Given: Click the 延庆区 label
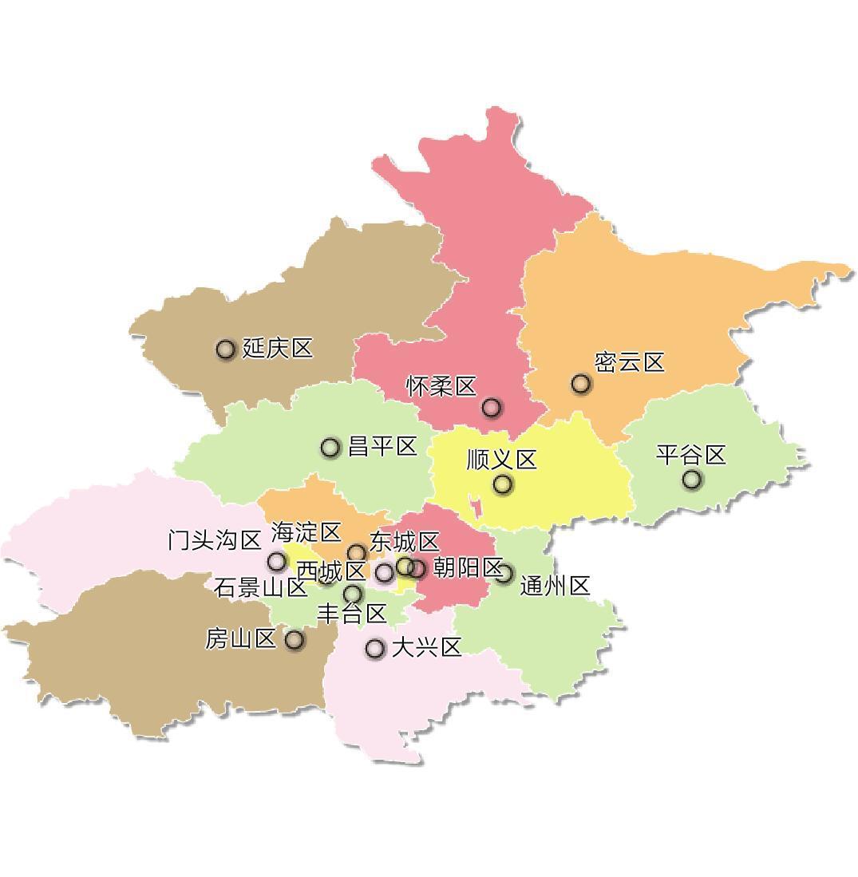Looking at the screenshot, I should coord(278,349).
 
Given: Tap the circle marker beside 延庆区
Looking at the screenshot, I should coord(226,350).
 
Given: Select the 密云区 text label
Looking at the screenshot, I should coord(630,362).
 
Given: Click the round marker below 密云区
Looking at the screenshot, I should coord(581,384).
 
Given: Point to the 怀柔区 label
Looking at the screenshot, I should coord(441,387).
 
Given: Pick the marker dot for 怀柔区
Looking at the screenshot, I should coord(492,408).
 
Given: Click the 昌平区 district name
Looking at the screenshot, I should coord(383,447).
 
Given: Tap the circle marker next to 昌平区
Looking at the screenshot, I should coord(330,448).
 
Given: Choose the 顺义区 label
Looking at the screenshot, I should coord(502,460).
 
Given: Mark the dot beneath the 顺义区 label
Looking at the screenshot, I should coord(503,484).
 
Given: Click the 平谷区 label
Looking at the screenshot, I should coord(691,455).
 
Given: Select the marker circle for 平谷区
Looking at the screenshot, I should coord(692,480).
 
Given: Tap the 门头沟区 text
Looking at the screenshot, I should coord(215,540).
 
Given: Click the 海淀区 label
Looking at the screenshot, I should coord(306,532).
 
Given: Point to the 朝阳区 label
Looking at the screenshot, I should coord(468,568).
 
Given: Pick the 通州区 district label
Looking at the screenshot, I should coord(556,586).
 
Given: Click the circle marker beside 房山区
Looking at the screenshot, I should coord(295,640).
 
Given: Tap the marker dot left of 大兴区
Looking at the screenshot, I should coord(375,648).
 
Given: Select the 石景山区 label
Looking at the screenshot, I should coord(261,588).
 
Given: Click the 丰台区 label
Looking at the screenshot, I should coord(352,614).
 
